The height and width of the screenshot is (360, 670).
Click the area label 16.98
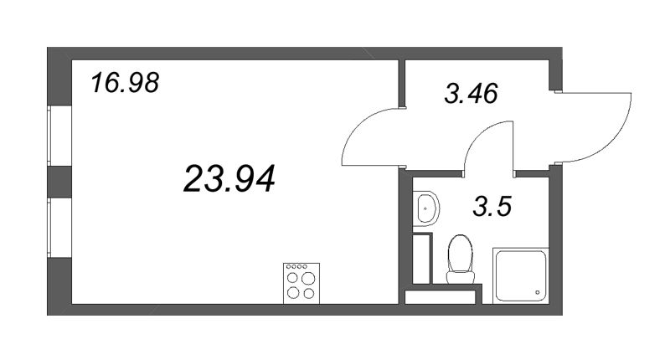click(125, 82)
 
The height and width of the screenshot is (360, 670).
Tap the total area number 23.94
click(229, 178)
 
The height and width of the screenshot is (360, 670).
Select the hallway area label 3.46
click(471, 93)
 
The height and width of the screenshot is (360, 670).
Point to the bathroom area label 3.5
click(492, 206)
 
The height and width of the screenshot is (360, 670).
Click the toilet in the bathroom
click(461, 259)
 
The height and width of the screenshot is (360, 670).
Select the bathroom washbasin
click(426, 208)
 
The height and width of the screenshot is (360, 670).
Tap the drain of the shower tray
click(538, 292)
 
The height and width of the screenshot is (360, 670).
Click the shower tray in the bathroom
click(520, 275)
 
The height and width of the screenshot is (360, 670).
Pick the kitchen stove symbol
click(301, 283)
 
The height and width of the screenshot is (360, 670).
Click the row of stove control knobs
click(296, 266)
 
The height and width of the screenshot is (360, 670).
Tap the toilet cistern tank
click(461, 277)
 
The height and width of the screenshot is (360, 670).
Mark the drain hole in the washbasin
click(425, 208)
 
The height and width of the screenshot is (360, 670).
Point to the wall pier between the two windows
click(59, 182)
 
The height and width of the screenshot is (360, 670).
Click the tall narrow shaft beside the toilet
click(422, 259)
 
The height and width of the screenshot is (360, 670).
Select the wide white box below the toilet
click(441, 297)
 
